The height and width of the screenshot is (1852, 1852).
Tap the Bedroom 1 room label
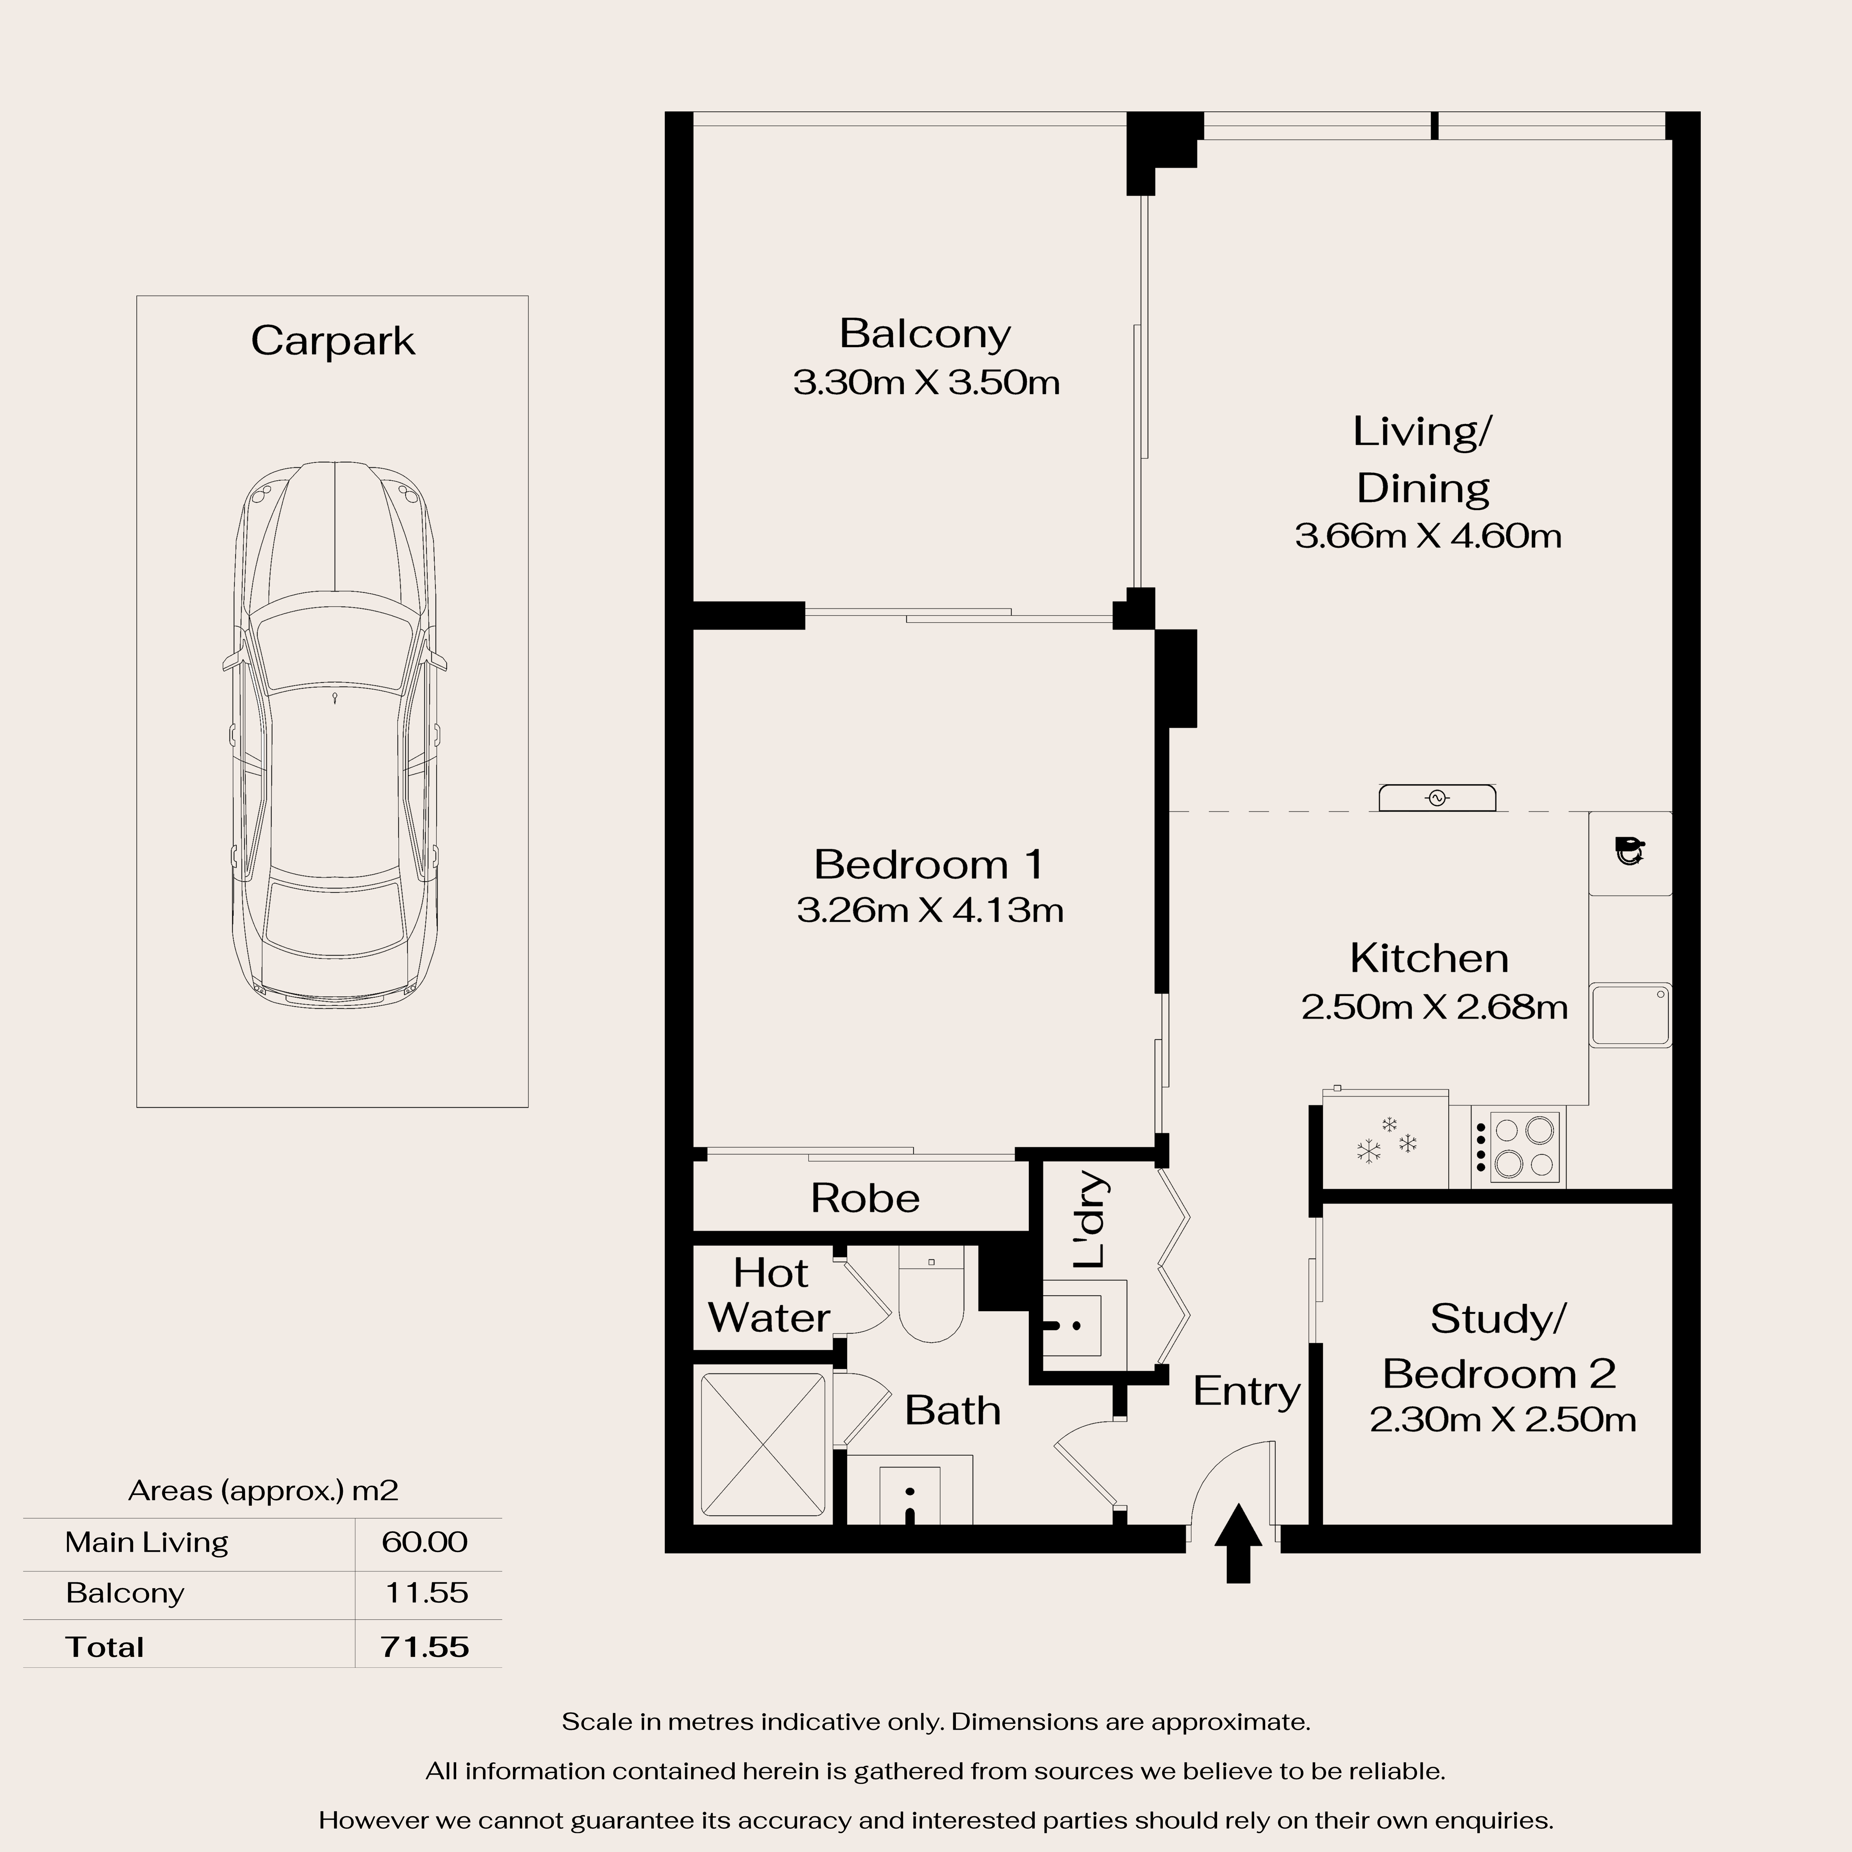click(x=928, y=865)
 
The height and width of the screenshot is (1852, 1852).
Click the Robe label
click(x=865, y=1198)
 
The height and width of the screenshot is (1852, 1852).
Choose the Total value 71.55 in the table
click(x=425, y=1647)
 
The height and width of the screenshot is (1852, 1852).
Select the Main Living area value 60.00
click(x=425, y=1542)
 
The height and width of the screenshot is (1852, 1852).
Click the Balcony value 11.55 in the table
click(x=427, y=1593)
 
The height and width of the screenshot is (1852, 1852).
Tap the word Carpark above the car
click(x=333, y=341)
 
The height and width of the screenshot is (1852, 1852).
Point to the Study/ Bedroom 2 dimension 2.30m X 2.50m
click(x=1502, y=1420)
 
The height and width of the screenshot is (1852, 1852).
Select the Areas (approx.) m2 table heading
click(x=263, y=1491)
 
